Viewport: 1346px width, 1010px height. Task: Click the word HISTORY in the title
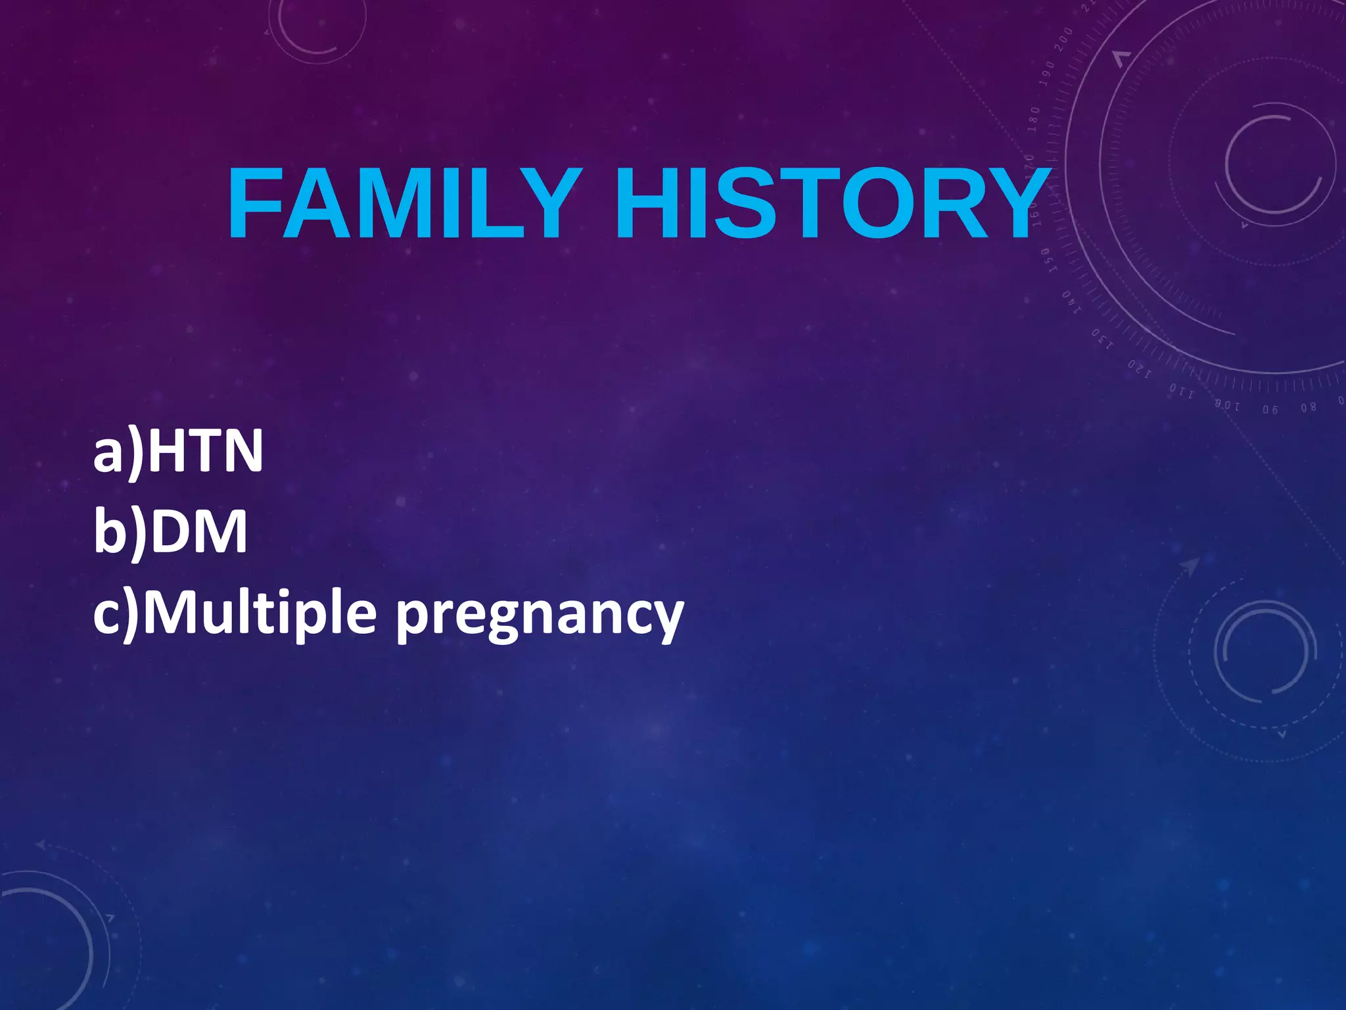click(x=832, y=203)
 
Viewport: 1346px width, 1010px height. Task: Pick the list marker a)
click(x=118, y=452)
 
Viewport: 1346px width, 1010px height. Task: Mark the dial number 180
click(x=1034, y=119)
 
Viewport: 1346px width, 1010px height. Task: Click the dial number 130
click(x=1103, y=340)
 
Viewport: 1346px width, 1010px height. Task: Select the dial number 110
click(x=1181, y=393)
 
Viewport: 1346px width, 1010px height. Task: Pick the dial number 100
click(x=1226, y=405)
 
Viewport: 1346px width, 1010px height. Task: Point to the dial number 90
click(x=1270, y=410)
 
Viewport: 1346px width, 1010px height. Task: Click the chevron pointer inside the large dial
click(x=1122, y=59)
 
